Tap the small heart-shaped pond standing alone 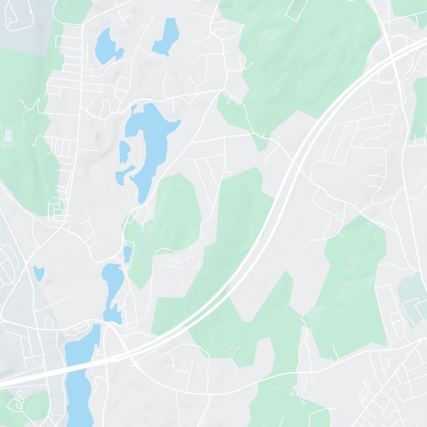click(38, 273)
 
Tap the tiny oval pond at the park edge click(127, 254)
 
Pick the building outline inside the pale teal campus click(413, 310)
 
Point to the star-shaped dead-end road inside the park click(233, 349)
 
